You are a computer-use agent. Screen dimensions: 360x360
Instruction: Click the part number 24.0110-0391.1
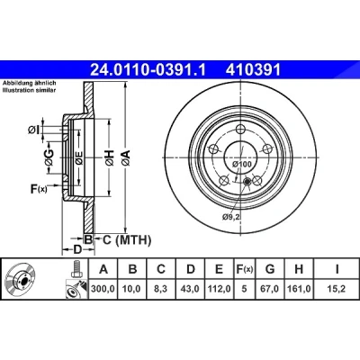click(148, 70)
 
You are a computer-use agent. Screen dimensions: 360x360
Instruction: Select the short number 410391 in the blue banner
click(254, 70)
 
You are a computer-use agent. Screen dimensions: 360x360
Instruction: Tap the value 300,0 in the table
click(103, 289)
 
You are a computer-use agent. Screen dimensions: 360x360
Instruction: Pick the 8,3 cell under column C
click(161, 289)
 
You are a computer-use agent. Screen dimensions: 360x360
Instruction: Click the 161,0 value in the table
click(299, 289)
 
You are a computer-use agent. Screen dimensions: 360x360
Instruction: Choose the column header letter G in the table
click(270, 269)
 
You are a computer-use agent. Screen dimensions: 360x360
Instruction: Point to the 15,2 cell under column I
click(337, 289)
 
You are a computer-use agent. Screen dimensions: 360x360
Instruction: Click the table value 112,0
click(219, 289)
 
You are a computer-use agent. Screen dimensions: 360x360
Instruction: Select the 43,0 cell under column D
click(191, 289)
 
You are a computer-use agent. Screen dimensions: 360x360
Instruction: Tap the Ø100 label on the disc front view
click(242, 164)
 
